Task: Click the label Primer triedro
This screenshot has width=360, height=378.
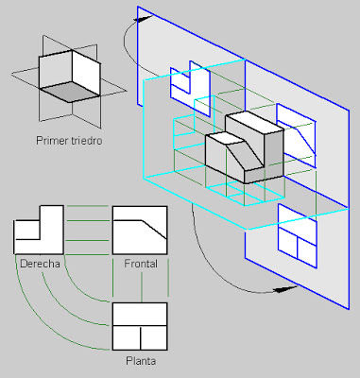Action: point(69,141)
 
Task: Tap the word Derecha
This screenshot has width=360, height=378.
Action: point(40,264)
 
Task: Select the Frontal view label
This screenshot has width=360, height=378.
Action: point(141,264)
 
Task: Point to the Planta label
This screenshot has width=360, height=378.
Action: point(141,361)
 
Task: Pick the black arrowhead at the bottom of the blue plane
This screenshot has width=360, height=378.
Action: point(285,289)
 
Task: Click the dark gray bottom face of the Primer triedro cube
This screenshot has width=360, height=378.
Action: point(70,91)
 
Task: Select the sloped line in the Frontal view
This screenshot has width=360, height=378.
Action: point(154,230)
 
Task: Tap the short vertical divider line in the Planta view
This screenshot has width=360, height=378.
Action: point(141,337)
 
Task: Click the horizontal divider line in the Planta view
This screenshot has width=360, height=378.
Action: point(140,326)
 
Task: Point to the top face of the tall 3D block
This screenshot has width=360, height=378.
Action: point(254,123)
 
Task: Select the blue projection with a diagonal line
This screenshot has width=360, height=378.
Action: point(297,135)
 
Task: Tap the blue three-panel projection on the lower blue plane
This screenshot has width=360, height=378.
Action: point(298,236)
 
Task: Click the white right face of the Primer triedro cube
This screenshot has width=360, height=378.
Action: point(86,73)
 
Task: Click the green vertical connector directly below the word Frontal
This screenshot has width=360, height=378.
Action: point(142,286)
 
